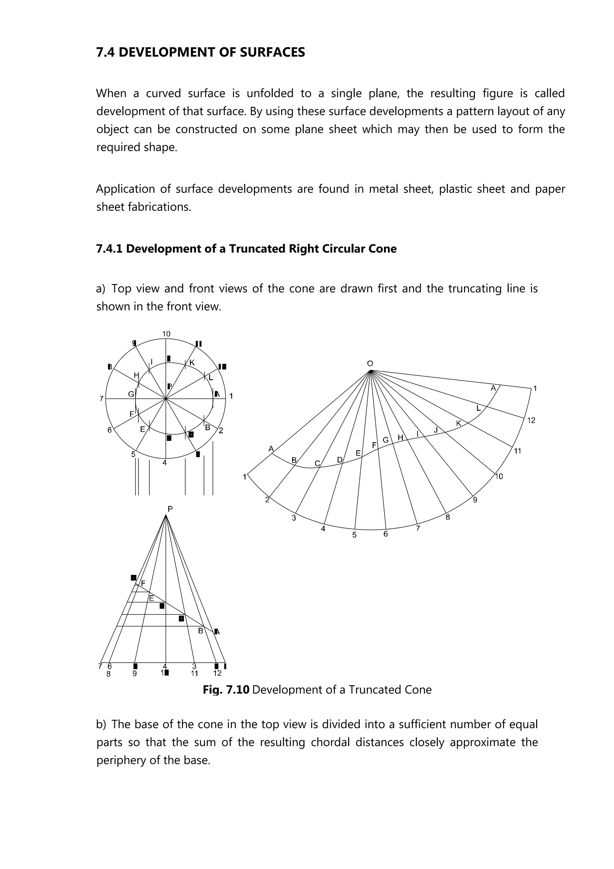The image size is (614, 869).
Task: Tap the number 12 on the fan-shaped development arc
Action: pos(531,420)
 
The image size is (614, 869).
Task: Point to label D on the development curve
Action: pos(340,460)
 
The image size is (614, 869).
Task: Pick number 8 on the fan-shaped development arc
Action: pos(448,517)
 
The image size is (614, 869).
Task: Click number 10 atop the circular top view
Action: pos(166,334)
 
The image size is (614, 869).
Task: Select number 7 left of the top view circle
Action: pos(101,399)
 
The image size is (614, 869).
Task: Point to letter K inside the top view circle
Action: pos(192,363)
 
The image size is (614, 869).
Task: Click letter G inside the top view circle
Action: pos(131,394)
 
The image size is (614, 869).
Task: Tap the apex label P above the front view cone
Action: pos(170,509)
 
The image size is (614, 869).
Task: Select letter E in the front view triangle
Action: pos(151,599)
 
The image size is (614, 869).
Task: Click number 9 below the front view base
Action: pos(135,674)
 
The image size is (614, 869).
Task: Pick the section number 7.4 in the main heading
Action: pos(106,52)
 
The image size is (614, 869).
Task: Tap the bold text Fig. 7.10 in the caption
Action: pos(226,690)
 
